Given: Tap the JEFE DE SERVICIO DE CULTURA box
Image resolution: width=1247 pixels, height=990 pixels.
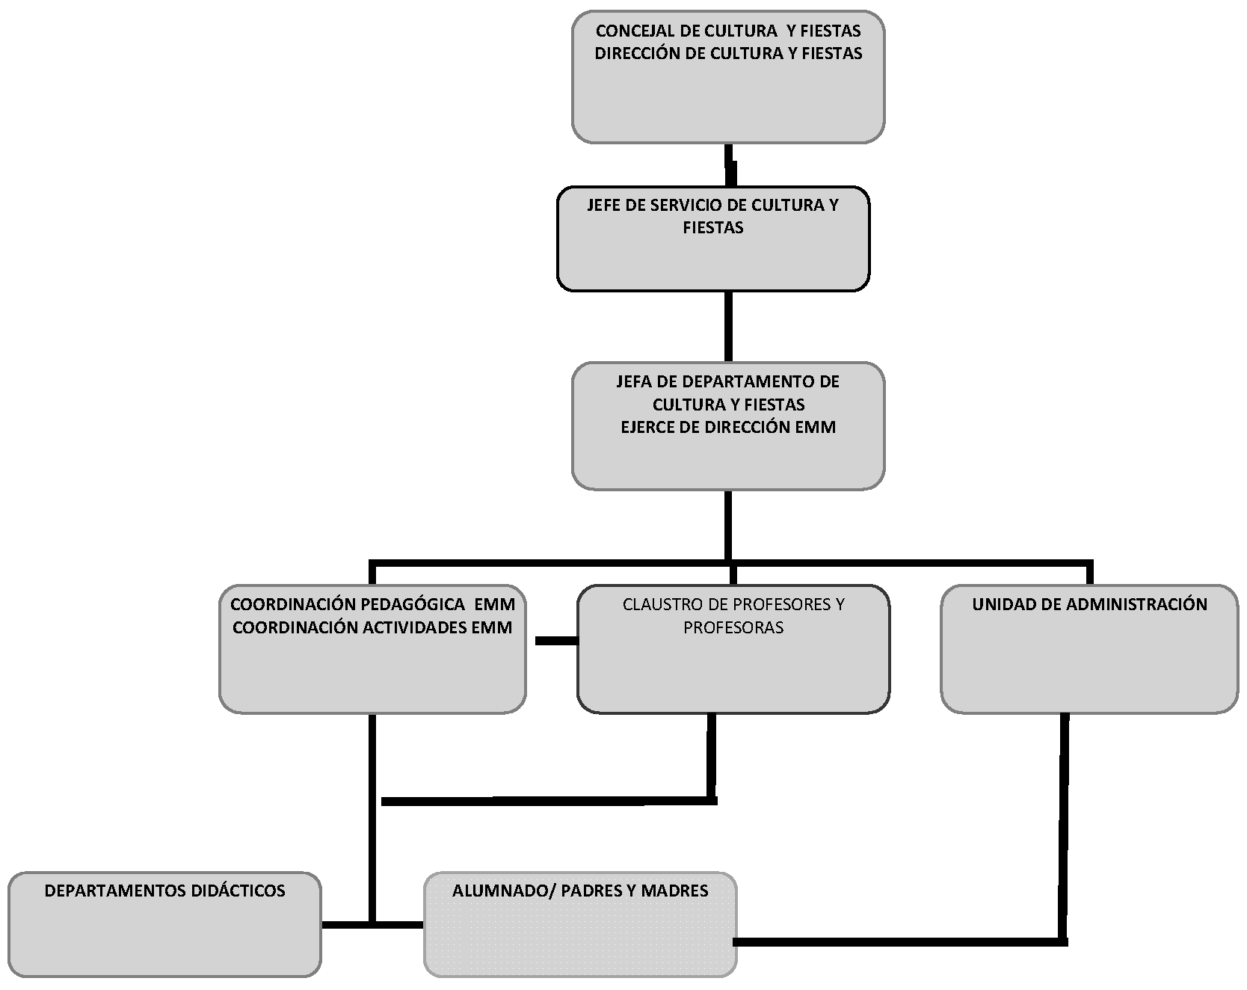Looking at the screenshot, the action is tap(713, 239).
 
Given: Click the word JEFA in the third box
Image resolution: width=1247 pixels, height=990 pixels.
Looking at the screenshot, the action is tap(634, 382).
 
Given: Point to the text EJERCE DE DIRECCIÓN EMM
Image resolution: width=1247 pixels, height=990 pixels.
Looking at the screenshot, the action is tap(728, 428).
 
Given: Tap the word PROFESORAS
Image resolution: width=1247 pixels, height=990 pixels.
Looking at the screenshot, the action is tap(733, 628).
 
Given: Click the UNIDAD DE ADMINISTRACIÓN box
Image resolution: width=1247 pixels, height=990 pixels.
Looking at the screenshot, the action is tap(1089, 649).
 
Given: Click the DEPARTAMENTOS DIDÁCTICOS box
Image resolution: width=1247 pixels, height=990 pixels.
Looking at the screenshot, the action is tap(164, 924).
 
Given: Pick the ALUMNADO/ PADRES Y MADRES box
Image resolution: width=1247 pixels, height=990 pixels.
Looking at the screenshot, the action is tap(580, 924).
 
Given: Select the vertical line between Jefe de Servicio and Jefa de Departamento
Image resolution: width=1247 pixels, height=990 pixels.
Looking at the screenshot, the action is tap(728, 327).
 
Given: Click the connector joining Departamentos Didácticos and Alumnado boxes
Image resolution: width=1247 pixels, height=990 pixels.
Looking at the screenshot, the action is tap(372, 925).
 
